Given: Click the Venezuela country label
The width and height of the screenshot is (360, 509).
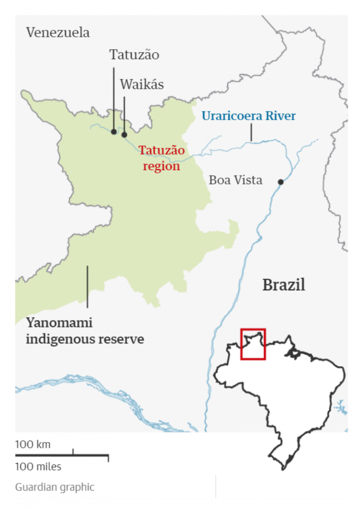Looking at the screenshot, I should [x=58, y=33].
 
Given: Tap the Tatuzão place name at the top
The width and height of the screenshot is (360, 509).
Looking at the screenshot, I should [x=134, y=55].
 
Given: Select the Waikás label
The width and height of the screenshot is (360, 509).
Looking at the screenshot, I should [x=142, y=85].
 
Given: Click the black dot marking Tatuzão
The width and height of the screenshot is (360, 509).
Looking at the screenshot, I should [x=114, y=132].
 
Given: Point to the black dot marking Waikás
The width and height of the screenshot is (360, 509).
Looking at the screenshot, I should [x=124, y=135].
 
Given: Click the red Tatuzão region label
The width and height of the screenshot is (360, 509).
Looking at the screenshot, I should [x=162, y=158].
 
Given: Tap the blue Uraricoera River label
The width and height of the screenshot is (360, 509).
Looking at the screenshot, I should [x=248, y=116].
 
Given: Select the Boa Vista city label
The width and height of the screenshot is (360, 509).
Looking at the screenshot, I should [x=235, y=180].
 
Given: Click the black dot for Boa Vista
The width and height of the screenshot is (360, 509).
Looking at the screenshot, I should [x=280, y=182].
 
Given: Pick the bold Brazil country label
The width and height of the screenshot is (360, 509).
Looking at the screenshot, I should [x=283, y=285].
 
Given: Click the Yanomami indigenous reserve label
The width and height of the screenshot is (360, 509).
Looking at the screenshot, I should [x=85, y=331].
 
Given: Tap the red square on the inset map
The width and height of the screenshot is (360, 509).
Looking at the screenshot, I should [x=253, y=343].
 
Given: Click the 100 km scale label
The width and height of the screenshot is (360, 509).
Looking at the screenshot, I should [x=32, y=444].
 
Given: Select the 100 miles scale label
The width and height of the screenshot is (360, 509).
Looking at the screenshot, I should [x=38, y=467].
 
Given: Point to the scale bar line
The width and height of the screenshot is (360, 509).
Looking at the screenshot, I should [x=62, y=455].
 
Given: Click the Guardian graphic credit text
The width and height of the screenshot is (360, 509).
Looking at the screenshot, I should [x=54, y=487].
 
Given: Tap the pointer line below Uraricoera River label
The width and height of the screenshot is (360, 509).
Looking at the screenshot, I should [x=251, y=133].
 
